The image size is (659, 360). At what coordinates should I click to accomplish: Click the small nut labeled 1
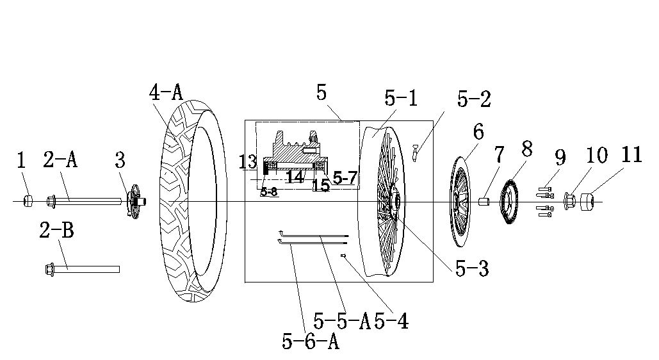click(29, 201)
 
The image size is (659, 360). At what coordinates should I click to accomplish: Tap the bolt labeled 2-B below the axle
click(82, 268)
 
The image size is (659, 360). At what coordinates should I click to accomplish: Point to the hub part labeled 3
click(136, 200)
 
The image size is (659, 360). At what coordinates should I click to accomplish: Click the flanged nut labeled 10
click(569, 201)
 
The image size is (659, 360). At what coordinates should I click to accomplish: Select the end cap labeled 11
click(587, 201)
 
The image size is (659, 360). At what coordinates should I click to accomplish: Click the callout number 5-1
click(401, 99)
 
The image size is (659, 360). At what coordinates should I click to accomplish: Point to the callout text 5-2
click(474, 100)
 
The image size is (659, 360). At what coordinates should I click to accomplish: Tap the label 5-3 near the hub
click(472, 268)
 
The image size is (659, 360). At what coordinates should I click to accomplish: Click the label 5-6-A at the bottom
click(311, 341)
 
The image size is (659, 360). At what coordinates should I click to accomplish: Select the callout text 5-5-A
click(342, 322)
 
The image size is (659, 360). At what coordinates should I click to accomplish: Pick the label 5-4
click(391, 322)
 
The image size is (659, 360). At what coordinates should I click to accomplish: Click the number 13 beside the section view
click(248, 162)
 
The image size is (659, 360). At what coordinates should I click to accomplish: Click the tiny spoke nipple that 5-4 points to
click(343, 256)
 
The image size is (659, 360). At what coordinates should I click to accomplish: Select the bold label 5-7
click(345, 178)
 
